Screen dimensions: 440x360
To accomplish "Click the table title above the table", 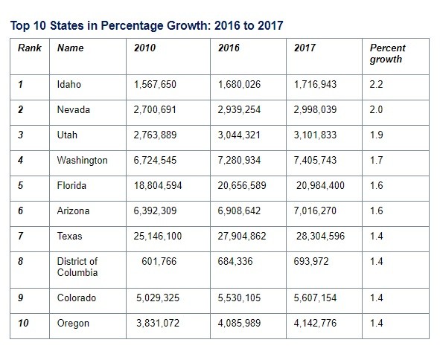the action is [147, 25].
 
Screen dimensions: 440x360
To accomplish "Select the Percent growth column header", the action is [387, 54].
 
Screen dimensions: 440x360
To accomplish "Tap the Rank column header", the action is [30, 48].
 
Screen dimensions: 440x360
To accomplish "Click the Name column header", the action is [71, 48].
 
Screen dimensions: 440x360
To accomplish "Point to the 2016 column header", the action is [229, 48].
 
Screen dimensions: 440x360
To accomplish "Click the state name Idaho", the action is [68, 84].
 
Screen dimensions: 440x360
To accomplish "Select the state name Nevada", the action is [73, 109].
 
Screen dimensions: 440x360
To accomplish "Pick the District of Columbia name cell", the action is [77, 267].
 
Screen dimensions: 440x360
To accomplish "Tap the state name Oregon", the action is [73, 324].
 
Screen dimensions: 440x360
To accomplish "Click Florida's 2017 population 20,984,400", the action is [320, 186].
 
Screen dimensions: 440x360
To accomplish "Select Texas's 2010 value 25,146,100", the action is [158, 236].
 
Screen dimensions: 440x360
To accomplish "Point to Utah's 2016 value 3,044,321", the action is [239, 135].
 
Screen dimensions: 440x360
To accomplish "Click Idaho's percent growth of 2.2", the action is [376, 84].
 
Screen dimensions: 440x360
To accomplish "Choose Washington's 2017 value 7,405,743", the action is [315, 160].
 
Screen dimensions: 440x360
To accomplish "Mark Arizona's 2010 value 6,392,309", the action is [155, 210].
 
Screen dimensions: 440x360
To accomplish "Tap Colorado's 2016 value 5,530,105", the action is [239, 298].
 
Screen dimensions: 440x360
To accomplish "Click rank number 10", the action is [23, 323].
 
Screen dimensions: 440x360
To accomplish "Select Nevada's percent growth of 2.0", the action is [376, 109].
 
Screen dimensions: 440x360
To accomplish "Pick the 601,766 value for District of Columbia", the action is [159, 261].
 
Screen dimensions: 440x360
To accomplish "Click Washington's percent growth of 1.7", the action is [376, 160].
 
